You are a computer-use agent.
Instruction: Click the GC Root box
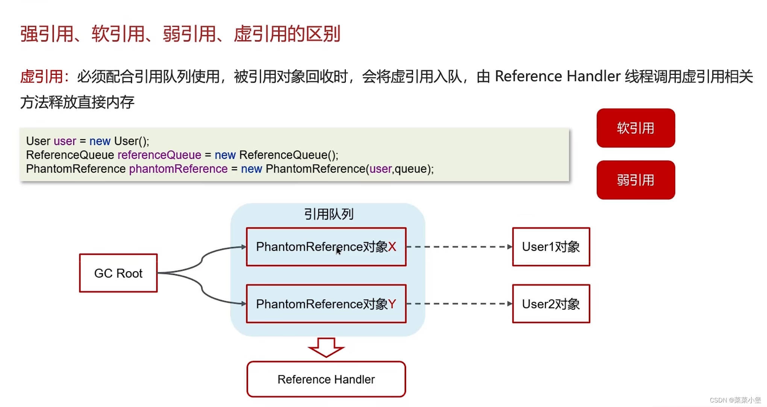[118, 273]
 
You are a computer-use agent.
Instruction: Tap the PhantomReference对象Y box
[326, 303]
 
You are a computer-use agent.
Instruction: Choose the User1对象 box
[551, 247]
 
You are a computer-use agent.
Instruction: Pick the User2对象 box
[551, 303]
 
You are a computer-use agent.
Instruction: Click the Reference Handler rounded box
[326, 379]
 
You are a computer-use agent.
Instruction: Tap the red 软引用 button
[635, 128]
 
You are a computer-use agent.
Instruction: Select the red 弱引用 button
[635, 180]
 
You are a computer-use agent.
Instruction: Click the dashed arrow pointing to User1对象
[459, 247]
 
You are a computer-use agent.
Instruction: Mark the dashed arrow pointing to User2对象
[459, 303]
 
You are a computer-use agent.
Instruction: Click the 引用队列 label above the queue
[329, 214]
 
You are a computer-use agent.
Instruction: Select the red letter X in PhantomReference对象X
[392, 247]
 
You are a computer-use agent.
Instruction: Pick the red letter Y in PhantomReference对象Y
[392, 303]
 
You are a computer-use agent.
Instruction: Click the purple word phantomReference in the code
[178, 169]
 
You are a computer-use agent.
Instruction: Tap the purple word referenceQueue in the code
[159, 155]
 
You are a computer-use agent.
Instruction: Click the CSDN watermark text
[735, 400]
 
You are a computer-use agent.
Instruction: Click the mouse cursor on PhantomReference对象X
[338, 251]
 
